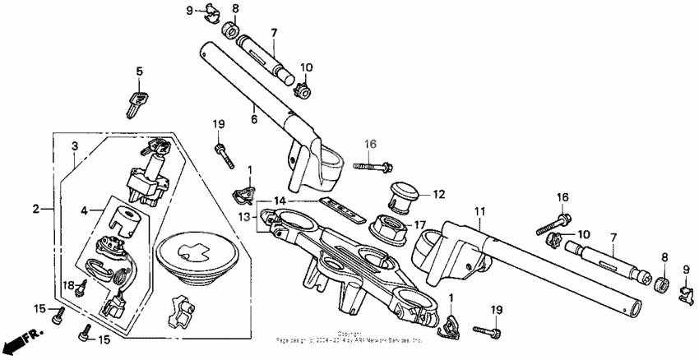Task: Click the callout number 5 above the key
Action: coord(139,72)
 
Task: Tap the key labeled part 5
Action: coord(136,103)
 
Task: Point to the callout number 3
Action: coord(75,147)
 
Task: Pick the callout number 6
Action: coord(254,120)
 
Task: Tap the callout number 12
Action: coord(437,195)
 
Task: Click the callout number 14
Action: coord(280,201)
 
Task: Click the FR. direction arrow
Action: coord(20,339)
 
